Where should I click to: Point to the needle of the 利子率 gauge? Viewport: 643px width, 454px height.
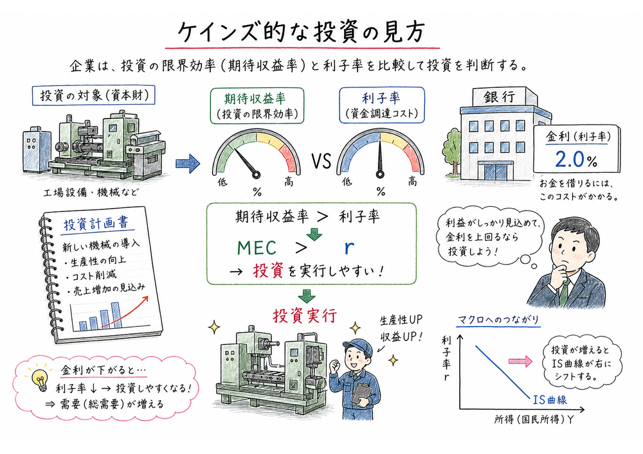point(381,157)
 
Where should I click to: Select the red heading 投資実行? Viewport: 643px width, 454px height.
point(303,315)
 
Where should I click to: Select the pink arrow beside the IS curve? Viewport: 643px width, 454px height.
point(522,361)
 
